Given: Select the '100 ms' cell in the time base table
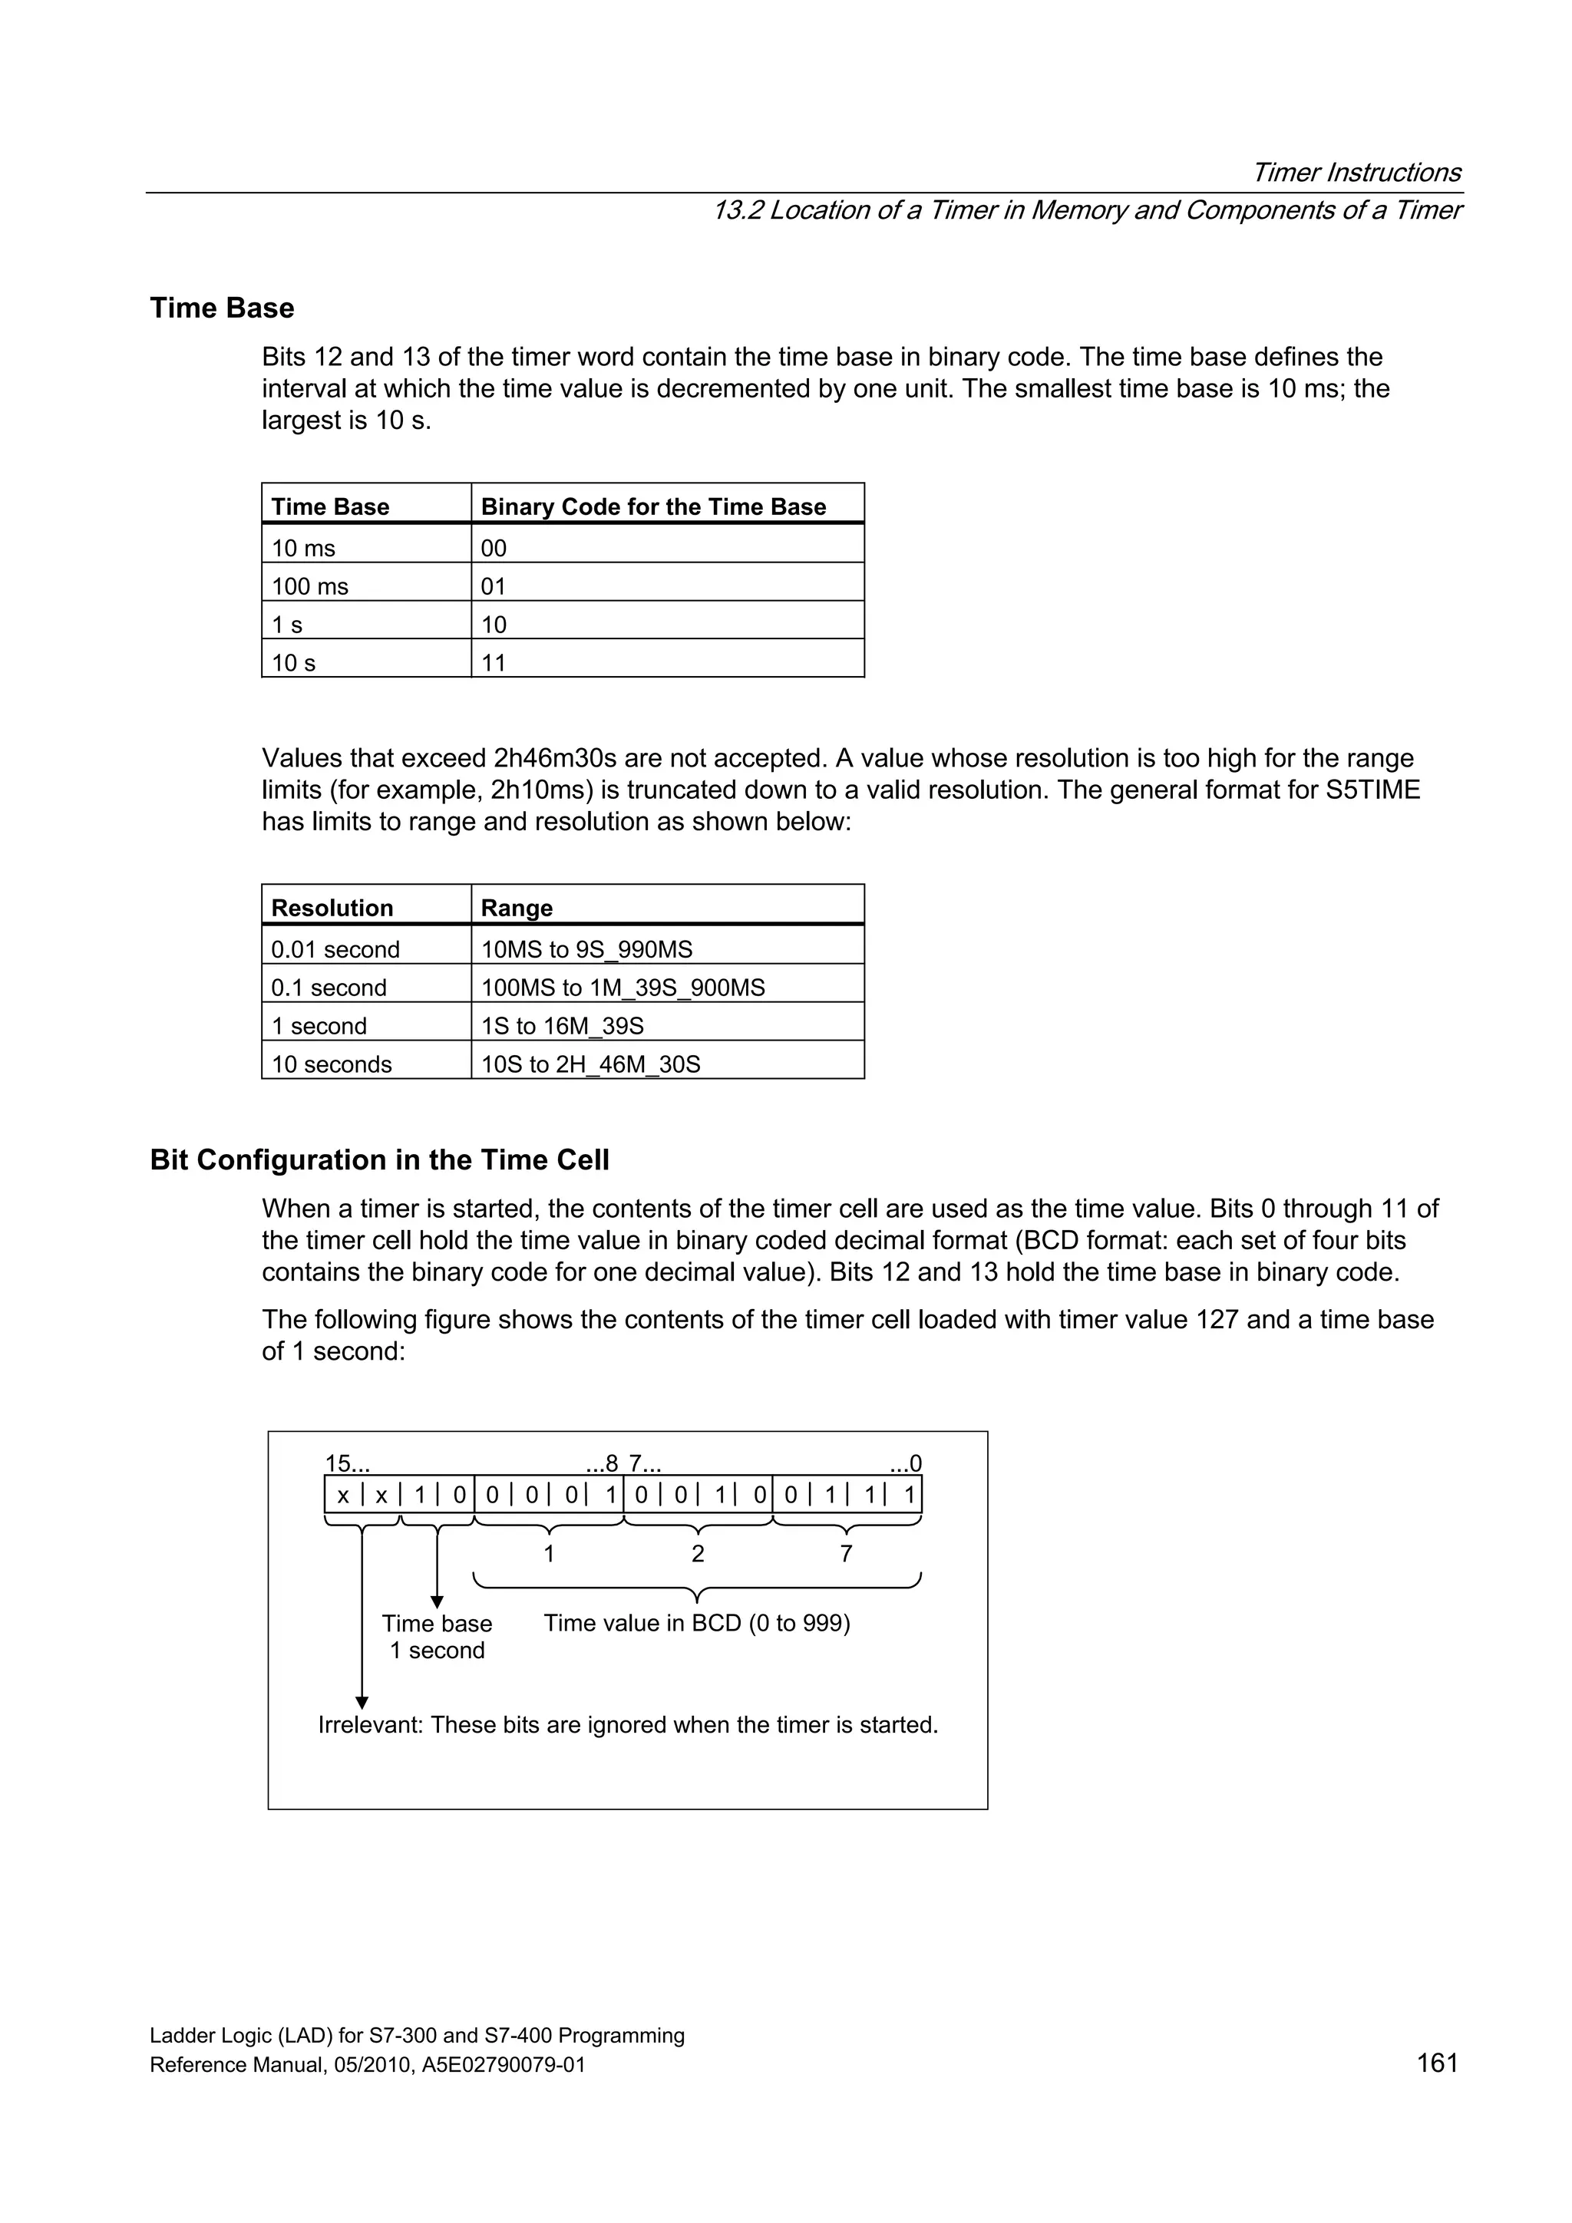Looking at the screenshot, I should tap(310, 587).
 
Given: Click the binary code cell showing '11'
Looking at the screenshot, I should tap(494, 663).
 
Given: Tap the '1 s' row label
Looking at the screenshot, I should tap(287, 625).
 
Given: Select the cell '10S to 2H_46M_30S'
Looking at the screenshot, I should tap(591, 1064).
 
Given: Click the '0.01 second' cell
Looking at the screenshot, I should tap(335, 949).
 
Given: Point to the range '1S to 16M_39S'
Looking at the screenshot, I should tap(562, 1025).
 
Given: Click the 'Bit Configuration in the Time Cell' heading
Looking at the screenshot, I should tap(380, 1160).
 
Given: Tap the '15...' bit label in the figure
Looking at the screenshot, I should tap(347, 1463).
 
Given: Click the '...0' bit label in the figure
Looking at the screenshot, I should tap(906, 1463).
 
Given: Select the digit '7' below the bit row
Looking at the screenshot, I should tap(846, 1553).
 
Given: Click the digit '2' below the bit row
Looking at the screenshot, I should tap(698, 1553).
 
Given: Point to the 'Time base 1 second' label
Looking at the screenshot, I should tap(437, 1636).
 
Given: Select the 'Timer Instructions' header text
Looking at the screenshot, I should tap(1356, 173).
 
